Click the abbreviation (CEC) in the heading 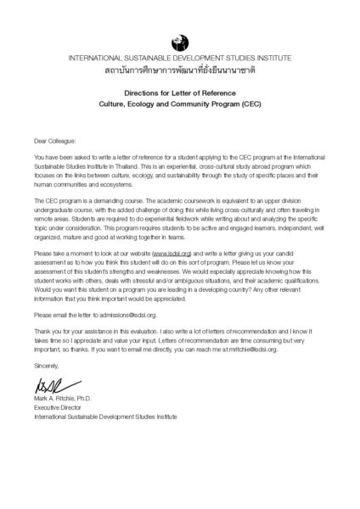coord(250,109)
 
